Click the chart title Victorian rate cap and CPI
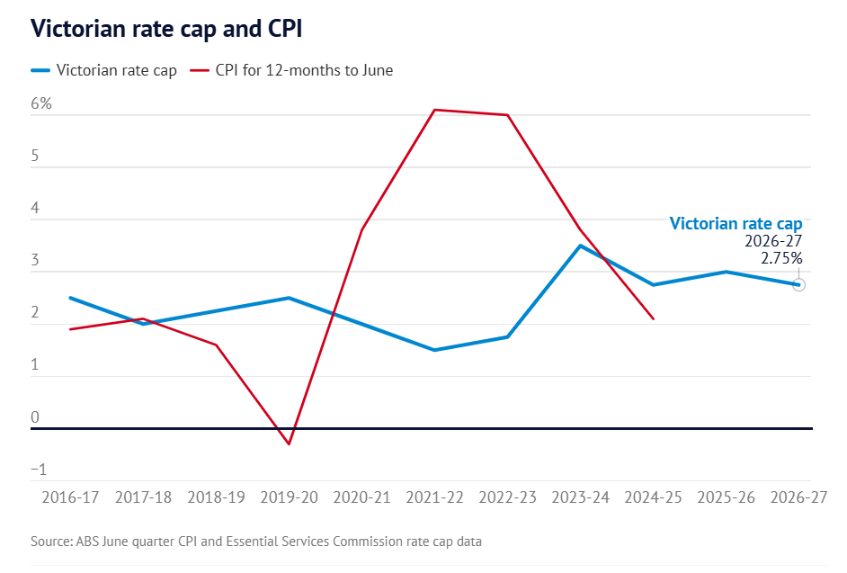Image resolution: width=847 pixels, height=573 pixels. pyautogui.click(x=165, y=29)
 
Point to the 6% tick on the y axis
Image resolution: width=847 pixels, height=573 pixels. pyautogui.click(x=41, y=103)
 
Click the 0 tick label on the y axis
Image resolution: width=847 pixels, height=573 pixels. pyautogui.click(x=36, y=417)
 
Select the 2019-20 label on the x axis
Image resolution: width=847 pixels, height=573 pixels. pyautogui.click(x=288, y=497)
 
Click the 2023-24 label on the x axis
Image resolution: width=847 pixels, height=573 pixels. pyautogui.click(x=580, y=497)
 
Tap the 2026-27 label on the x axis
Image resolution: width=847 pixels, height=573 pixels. pyautogui.click(x=798, y=497)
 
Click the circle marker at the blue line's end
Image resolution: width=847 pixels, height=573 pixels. pyautogui.click(x=798, y=284)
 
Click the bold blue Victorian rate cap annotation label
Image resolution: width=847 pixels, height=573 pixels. pyautogui.click(x=736, y=224)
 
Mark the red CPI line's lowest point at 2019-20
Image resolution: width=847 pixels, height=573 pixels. pyautogui.click(x=289, y=444)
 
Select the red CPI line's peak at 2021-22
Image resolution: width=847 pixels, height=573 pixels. pyautogui.click(x=434, y=110)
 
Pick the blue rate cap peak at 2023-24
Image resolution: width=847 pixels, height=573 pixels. pyautogui.click(x=580, y=246)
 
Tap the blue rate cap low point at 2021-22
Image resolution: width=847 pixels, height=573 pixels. pyautogui.click(x=434, y=350)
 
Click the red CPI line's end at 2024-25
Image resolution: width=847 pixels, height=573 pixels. pyautogui.click(x=653, y=318)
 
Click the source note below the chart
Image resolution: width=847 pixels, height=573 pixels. pyautogui.click(x=256, y=542)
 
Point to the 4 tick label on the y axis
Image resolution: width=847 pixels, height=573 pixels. pyautogui.click(x=36, y=209)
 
